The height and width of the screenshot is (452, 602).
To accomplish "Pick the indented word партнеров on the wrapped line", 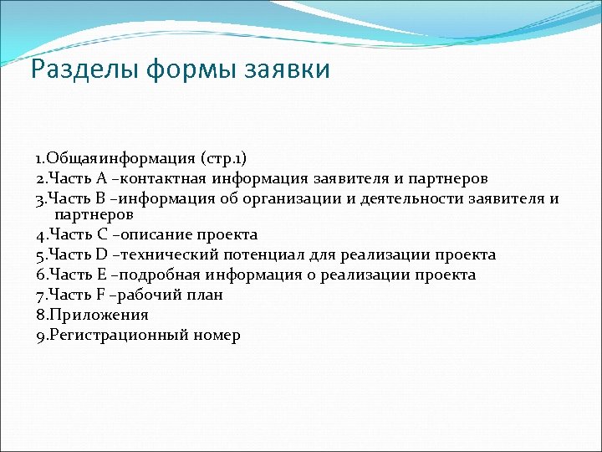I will pyautogui.click(x=89, y=215).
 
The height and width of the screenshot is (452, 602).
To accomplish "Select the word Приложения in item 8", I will pyautogui.click(x=98, y=316).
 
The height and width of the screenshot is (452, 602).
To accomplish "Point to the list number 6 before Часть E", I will pyautogui.click(x=40, y=275).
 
